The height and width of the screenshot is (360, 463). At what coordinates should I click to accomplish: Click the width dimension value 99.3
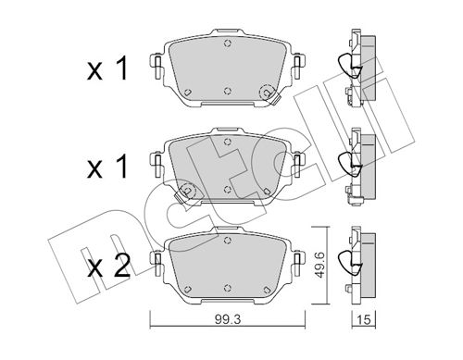[227, 319]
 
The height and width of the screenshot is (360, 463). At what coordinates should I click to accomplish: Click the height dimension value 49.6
[319, 265]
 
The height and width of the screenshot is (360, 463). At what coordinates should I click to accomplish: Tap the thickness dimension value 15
[364, 319]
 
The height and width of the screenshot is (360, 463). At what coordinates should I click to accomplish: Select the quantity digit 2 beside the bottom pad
[121, 266]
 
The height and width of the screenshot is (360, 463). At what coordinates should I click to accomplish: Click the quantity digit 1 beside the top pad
[122, 69]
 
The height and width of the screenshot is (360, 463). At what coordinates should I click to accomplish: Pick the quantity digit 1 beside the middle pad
[122, 167]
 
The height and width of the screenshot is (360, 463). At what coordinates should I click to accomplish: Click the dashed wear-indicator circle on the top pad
[268, 93]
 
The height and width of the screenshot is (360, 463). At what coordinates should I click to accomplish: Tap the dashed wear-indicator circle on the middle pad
[188, 191]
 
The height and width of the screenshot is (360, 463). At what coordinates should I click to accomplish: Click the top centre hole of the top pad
[228, 43]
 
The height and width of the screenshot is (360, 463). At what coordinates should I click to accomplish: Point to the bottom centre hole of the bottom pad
[228, 288]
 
